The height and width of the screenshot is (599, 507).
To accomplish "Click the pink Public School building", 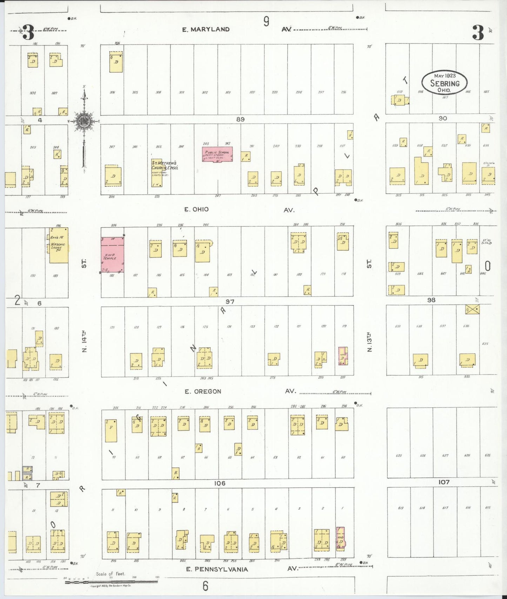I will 217,154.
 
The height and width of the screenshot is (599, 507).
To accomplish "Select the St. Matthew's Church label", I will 165,165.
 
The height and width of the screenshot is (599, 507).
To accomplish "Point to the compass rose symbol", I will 84,122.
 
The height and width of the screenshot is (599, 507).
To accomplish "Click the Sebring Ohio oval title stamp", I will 445,83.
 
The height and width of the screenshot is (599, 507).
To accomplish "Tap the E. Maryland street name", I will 206,29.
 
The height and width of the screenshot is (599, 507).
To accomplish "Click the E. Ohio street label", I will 196,209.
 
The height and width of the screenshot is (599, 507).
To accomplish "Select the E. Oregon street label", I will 203,391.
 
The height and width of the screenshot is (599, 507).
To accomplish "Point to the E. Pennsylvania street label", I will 217,569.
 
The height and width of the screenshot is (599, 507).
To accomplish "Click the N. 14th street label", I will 84,342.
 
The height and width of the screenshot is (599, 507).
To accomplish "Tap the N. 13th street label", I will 369,342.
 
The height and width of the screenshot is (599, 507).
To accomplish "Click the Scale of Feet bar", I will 111,582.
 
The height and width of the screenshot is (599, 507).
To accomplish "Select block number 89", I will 240,119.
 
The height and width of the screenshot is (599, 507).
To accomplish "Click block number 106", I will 220,483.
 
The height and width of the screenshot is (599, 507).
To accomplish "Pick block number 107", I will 444,482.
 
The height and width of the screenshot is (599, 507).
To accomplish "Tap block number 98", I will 431,300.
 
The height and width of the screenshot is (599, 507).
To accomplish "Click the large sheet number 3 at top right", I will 478,33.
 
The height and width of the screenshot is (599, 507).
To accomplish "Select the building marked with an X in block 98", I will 472,309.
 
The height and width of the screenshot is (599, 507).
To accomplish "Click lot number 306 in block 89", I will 112,92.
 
